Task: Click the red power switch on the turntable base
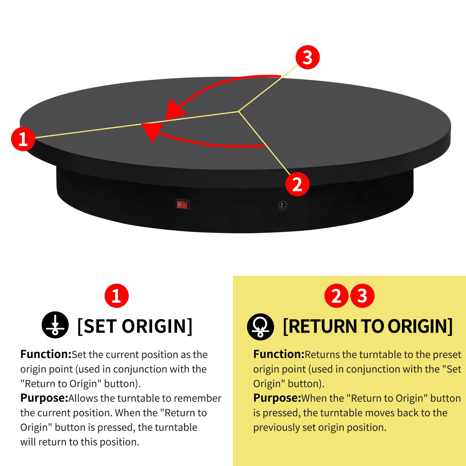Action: point(183,204)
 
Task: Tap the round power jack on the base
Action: point(282,205)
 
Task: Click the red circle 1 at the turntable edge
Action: point(23,139)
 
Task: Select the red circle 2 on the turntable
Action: point(297,184)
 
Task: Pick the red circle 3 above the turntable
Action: point(308,57)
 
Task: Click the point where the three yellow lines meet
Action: point(239,111)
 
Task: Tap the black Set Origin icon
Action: point(55,325)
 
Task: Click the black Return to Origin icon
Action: point(260,327)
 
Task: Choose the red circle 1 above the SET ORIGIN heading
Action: point(116,296)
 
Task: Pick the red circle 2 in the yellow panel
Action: point(336,296)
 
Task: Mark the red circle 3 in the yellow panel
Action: point(362,296)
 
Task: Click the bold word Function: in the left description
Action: point(46,354)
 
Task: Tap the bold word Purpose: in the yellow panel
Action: point(277,398)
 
